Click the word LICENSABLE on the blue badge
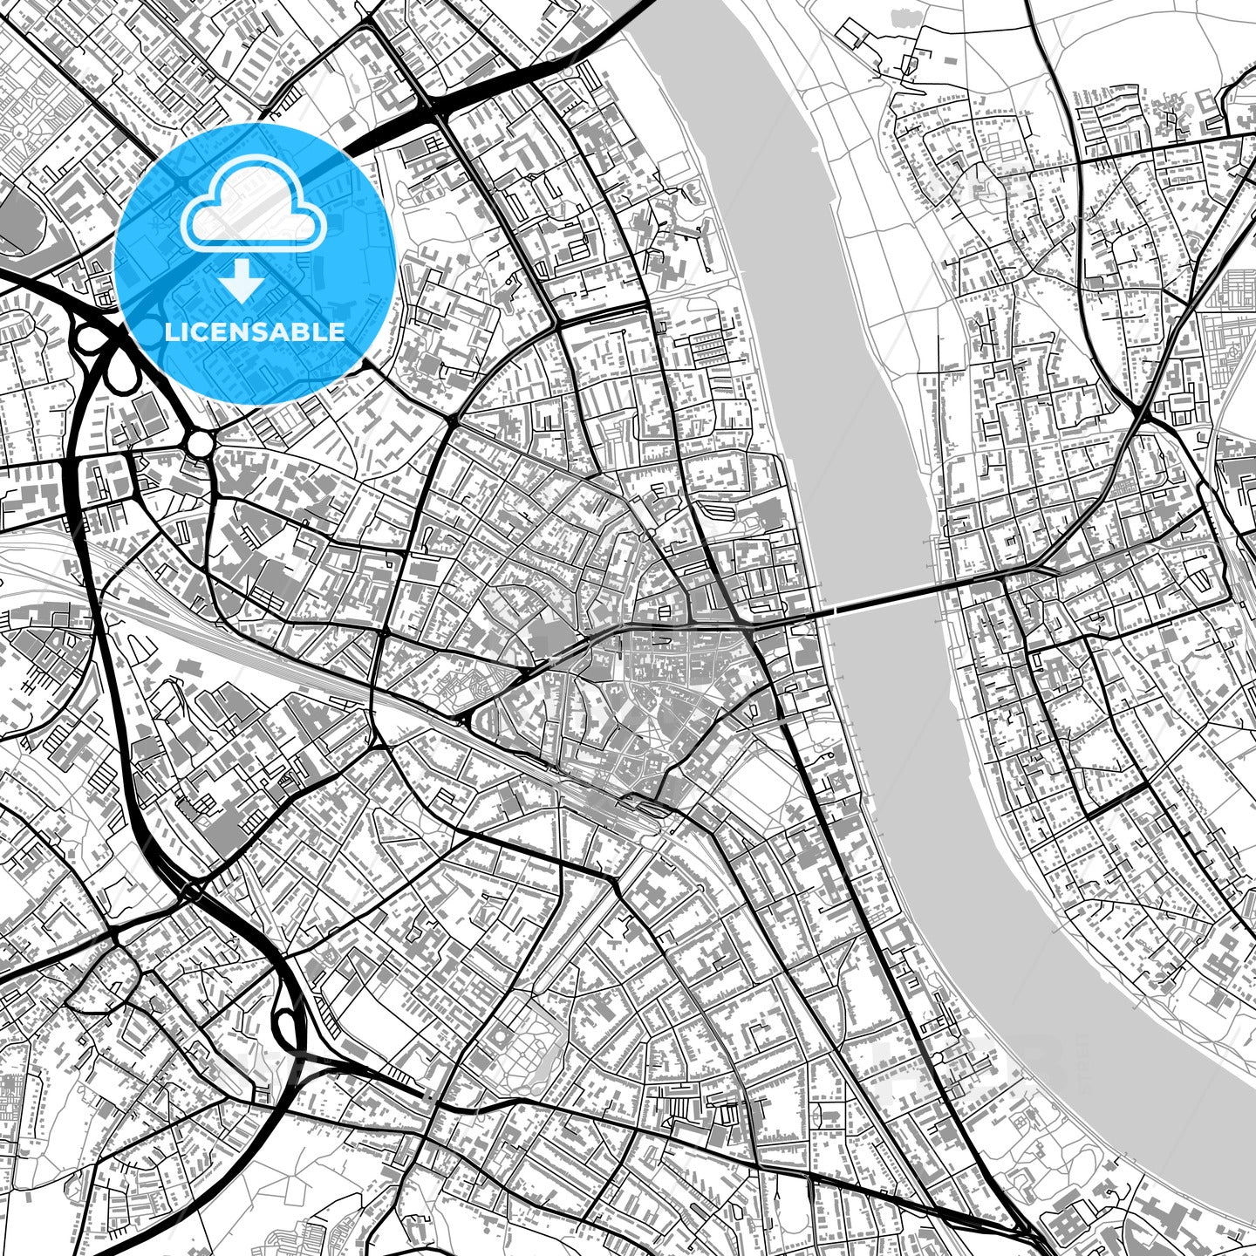(255, 331)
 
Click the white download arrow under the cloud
(243, 281)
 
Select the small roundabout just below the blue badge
(200, 444)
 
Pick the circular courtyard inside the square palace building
(500, 1037)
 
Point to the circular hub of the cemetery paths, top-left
(19, 131)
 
